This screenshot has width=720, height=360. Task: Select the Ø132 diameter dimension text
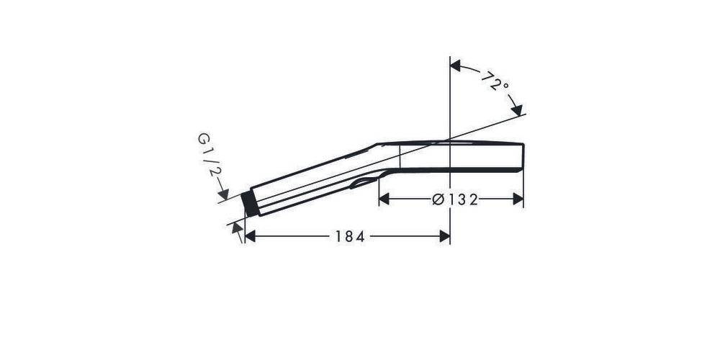455,199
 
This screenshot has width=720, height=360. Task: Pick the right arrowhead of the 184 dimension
444,236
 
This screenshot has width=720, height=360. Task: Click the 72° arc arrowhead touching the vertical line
456,66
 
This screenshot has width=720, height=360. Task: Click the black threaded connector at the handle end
250,204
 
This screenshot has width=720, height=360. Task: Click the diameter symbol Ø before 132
437,199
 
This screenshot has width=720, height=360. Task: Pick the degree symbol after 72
505,86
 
